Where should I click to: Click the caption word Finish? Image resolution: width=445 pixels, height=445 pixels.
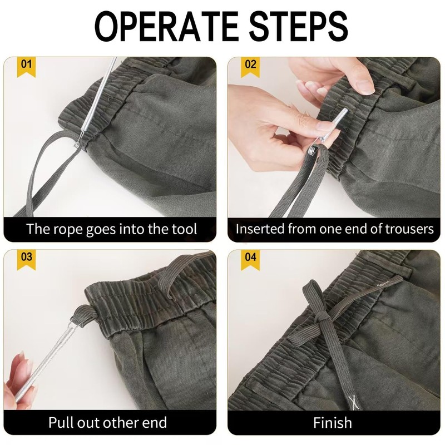332,422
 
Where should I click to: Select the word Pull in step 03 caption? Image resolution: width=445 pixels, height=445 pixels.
61,422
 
